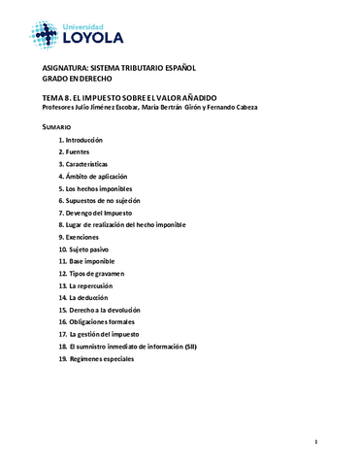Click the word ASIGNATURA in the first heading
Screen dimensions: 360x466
64,67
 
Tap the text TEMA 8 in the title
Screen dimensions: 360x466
57,97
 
